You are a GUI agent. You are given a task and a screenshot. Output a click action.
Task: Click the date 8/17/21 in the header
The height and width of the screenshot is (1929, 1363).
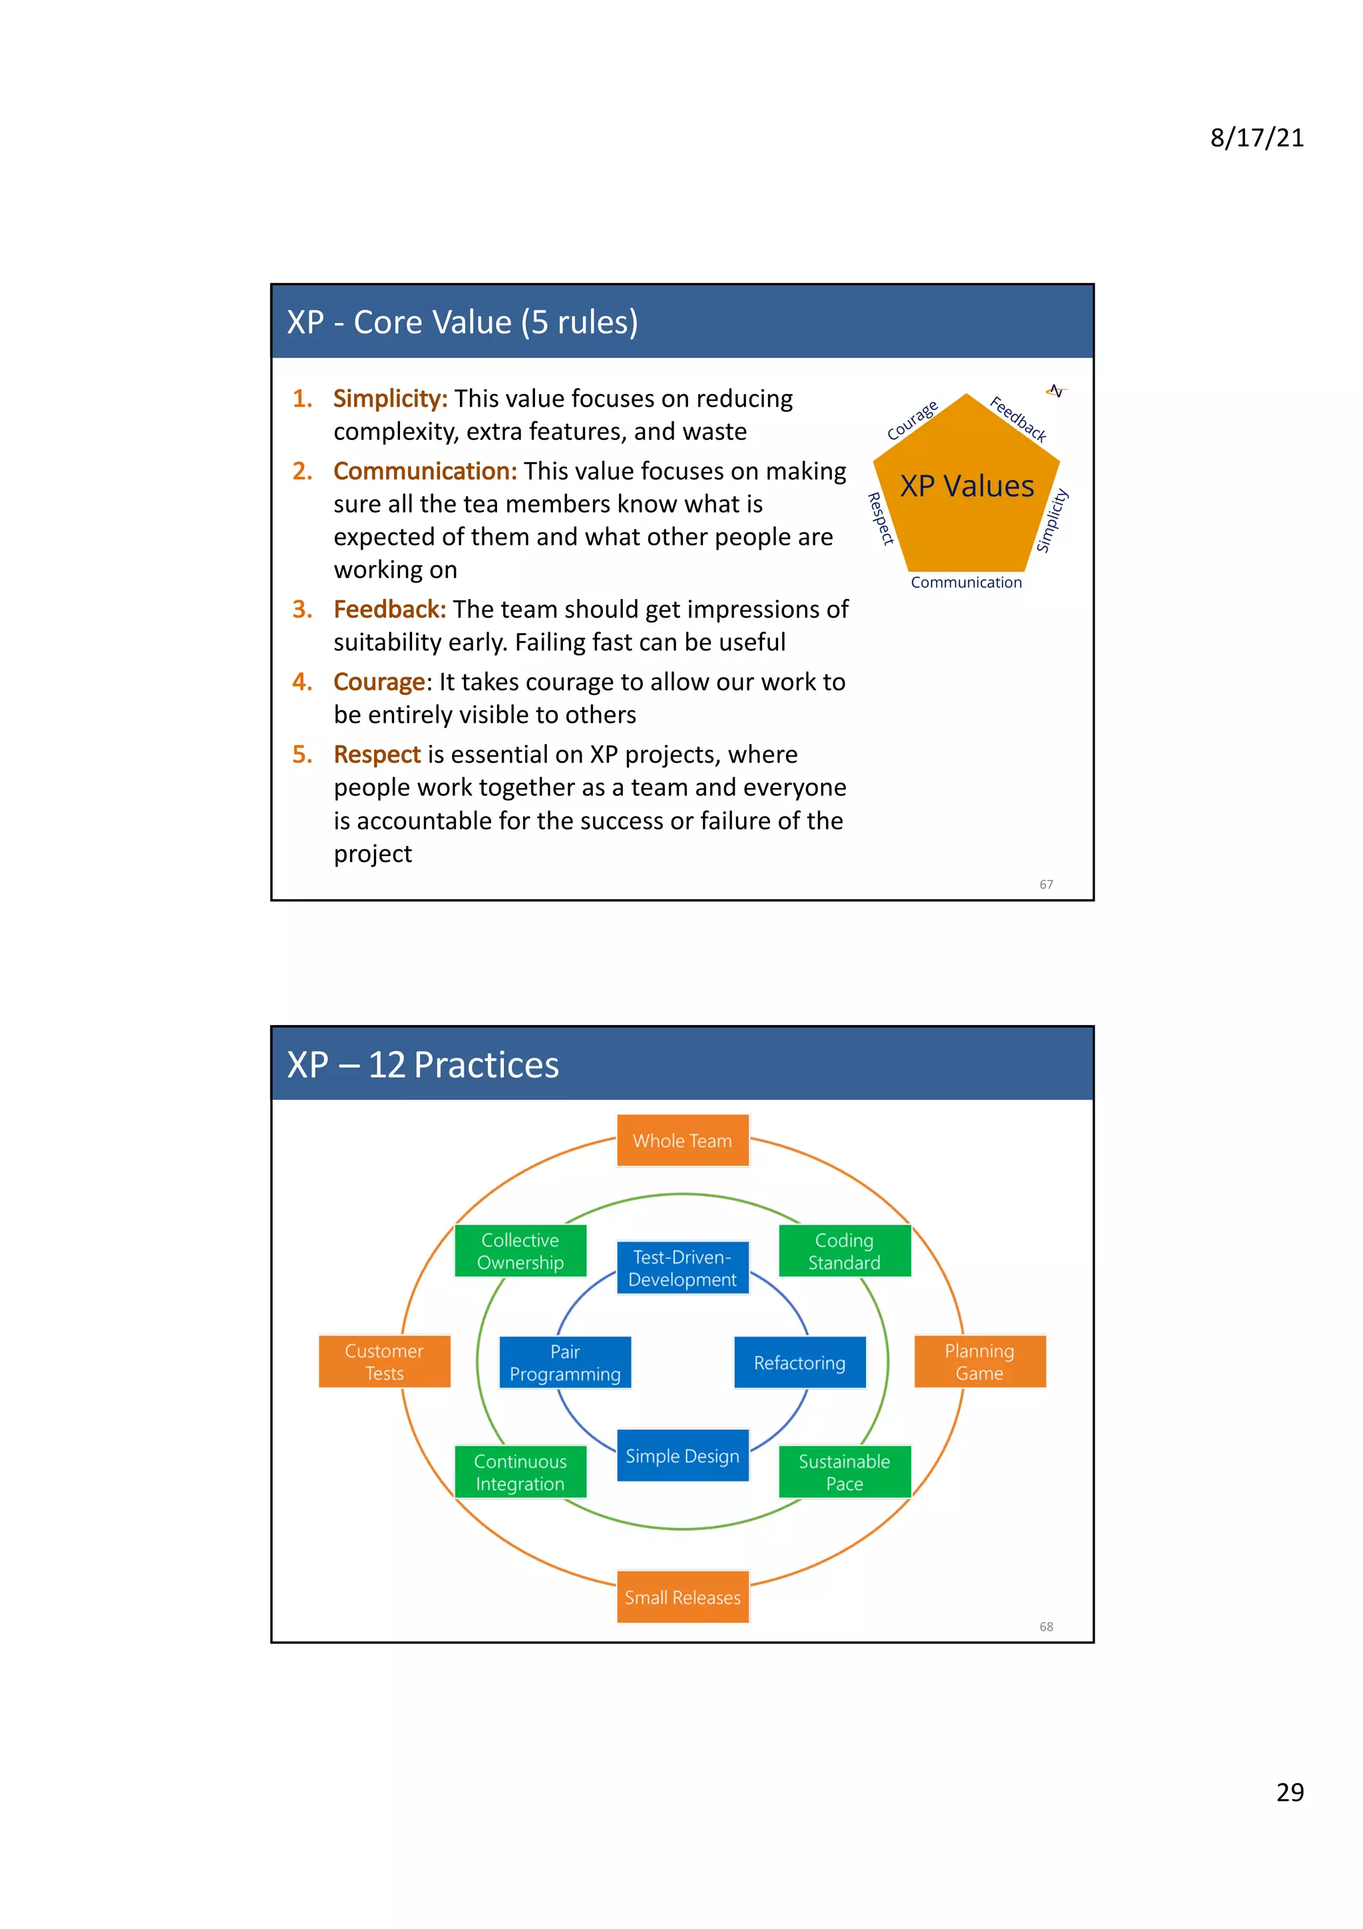click(x=1257, y=138)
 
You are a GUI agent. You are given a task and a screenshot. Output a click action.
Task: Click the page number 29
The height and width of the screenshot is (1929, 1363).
click(x=1290, y=1791)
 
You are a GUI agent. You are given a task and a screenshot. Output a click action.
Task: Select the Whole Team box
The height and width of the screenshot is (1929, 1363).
click(x=682, y=1141)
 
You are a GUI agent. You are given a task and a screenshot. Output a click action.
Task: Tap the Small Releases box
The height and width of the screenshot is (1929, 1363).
click(x=682, y=1596)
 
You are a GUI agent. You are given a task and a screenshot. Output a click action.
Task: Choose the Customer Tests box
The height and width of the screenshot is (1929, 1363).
click(x=385, y=1361)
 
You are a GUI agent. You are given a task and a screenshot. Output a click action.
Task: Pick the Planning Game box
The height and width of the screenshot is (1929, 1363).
click(x=979, y=1361)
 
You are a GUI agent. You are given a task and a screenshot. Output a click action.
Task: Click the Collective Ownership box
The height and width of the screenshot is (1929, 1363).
click(x=520, y=1251)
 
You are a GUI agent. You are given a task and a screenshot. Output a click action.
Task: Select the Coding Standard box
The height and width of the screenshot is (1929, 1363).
click(x=844, y=1251)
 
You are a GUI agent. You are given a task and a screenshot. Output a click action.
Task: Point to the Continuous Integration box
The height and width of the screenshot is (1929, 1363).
click(x=520, y=1472)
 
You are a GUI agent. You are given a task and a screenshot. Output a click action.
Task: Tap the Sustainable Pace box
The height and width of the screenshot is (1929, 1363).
click(x=844, y=1472)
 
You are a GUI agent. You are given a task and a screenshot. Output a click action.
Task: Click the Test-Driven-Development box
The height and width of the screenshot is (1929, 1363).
click(x=682, y=1268)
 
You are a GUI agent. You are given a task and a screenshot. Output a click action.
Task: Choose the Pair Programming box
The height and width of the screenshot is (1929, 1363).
click(x=565, y=1362)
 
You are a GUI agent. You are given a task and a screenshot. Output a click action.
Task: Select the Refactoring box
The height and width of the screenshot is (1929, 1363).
click(x=799, y=1362)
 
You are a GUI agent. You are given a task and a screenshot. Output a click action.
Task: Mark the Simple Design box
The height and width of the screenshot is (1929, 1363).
click(x=682, y=1455)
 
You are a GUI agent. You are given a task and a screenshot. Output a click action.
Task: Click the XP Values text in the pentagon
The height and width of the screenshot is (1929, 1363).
click(x=966, y=486)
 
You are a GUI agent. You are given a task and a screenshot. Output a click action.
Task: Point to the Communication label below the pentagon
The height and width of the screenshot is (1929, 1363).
click(x=966, y=582)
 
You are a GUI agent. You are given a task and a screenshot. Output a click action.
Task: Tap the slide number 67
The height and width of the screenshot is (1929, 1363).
click(x=1046, y=884)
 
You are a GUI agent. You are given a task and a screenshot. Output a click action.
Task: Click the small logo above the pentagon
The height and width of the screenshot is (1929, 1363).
click(x=1056, y=391)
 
